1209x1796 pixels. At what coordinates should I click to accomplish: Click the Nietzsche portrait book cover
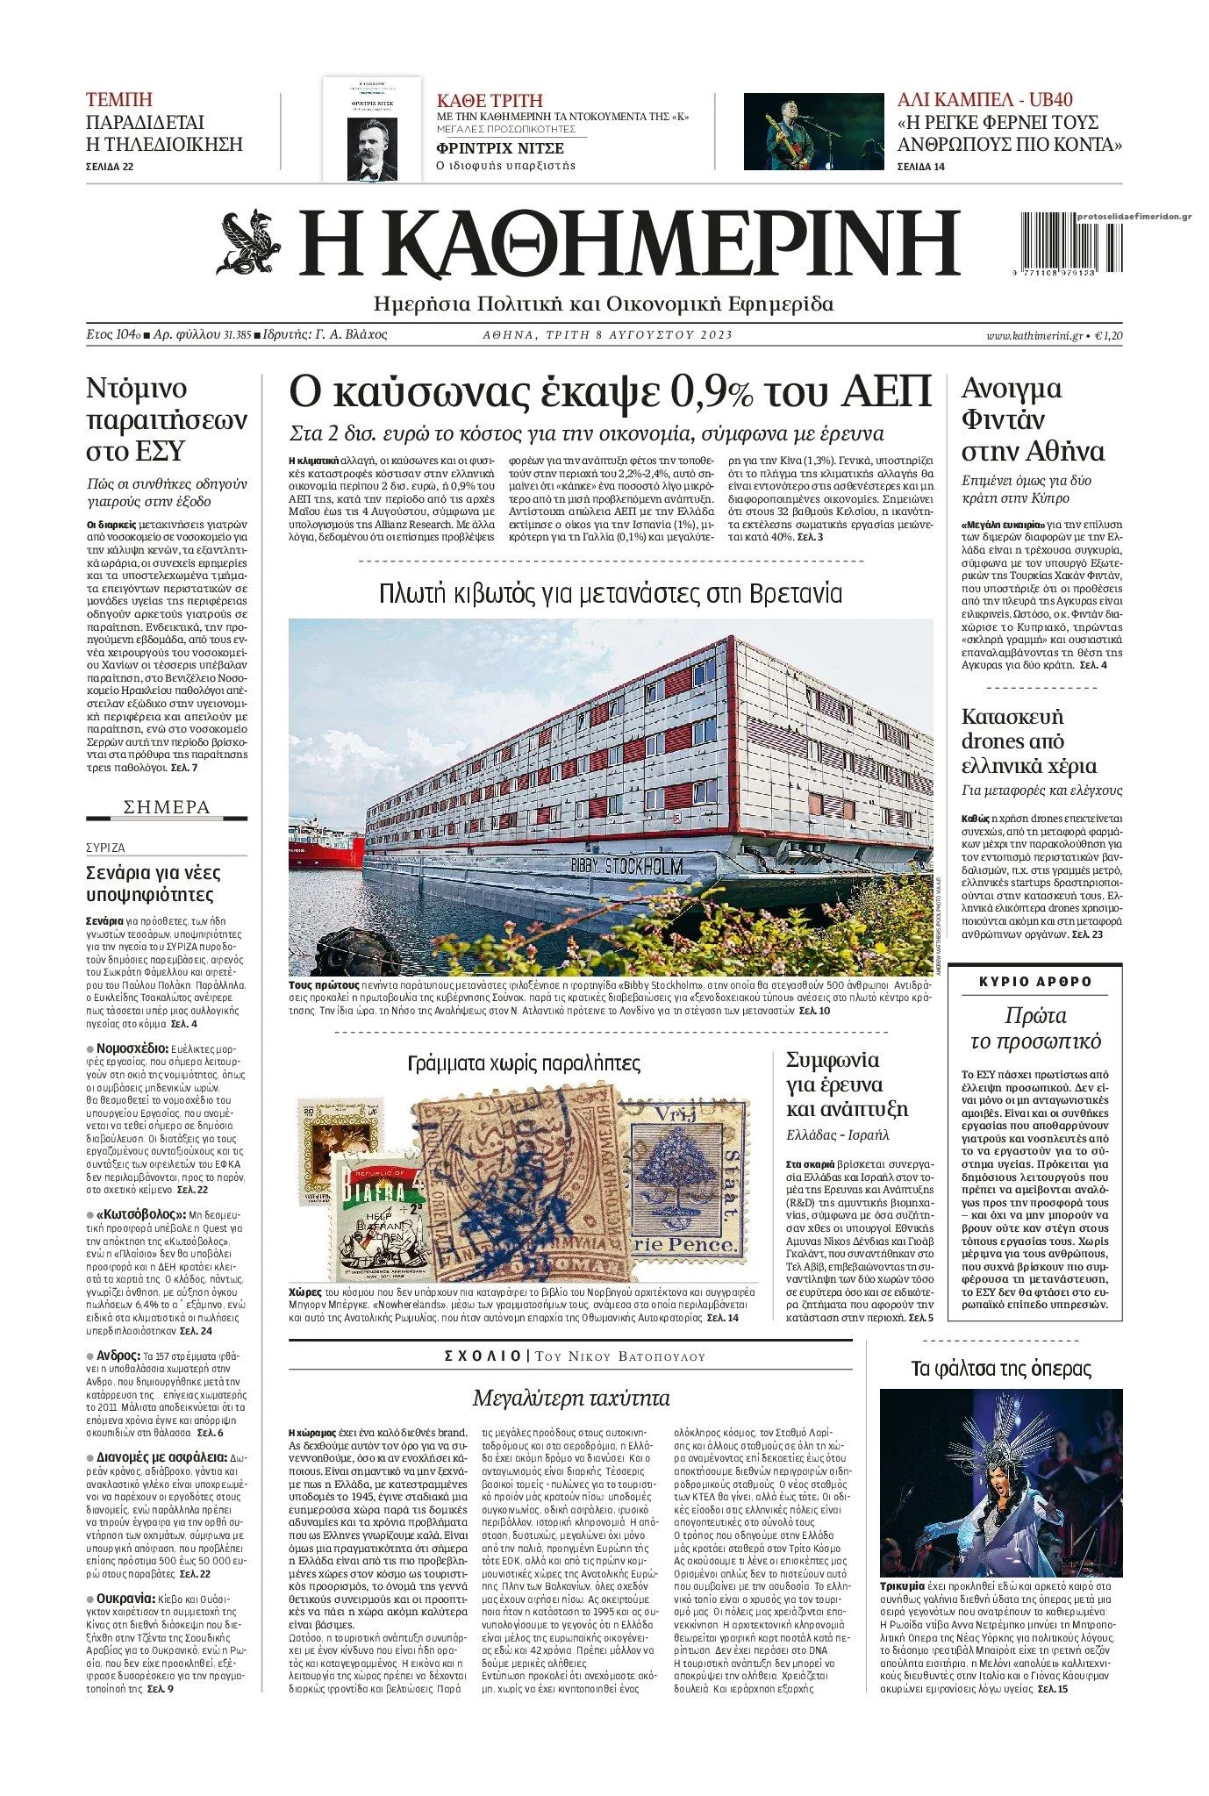(371, 129)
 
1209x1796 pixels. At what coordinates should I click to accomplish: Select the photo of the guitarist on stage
(813, 132)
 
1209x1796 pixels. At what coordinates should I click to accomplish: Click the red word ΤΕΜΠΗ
(119, 99)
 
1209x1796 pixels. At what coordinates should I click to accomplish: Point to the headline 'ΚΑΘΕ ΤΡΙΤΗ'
(490, 100)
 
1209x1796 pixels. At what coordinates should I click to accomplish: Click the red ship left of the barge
(325, 843)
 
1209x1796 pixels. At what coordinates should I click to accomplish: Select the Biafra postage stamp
(376, 1215)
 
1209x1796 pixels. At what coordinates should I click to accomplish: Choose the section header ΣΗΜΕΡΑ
(167, 807)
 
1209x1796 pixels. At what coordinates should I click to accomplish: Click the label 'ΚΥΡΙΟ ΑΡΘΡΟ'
(1035, 982)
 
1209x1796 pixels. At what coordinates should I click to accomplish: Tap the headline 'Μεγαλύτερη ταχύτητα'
(570, 1398)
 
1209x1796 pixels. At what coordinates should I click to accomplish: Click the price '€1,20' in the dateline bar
(1109, 335)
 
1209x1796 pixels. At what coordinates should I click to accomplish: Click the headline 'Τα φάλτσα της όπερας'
(1001, 1369)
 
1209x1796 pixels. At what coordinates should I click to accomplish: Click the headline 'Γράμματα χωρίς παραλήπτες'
(524, 1063)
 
